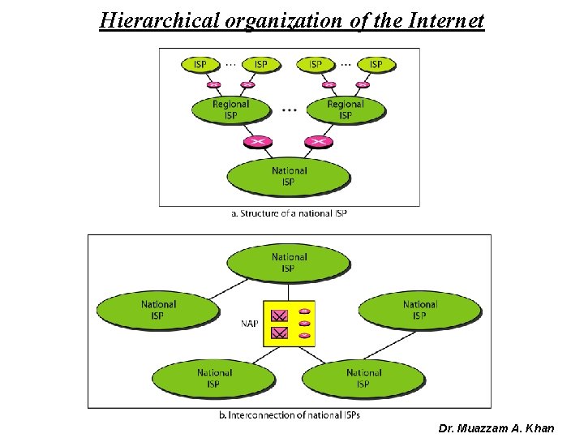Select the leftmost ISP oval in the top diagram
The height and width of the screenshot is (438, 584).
click(200, 64)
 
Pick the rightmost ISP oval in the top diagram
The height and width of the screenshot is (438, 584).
click(376, 64)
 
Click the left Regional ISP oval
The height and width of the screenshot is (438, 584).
click(231, 109)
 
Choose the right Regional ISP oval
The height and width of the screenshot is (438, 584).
click(346, 109)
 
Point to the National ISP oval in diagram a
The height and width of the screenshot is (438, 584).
click(289, 176)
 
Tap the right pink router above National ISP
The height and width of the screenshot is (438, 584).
click(319, 142)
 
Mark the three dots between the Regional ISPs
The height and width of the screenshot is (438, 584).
click(289, 109)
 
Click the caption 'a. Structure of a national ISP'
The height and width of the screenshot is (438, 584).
click(289, 213)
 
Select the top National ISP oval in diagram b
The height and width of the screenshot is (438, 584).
click(289, 263)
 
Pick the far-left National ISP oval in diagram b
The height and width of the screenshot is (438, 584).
click(158, 310)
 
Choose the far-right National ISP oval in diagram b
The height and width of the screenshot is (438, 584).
click(419, 310)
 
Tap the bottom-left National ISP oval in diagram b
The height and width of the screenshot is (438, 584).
click(214, 378)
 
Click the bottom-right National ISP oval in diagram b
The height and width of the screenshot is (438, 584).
click(363, 378)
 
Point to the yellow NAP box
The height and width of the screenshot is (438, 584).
click(289, 324)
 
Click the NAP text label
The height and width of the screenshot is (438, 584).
click(250, 324)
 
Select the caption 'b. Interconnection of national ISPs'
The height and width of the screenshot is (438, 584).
click(290, 414)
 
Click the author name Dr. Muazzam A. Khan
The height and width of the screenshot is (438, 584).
click(496, 427)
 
